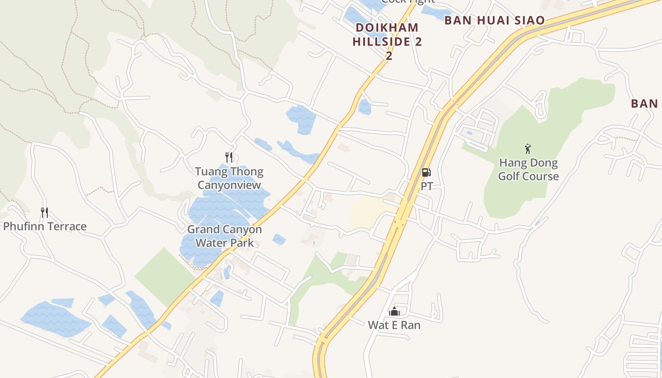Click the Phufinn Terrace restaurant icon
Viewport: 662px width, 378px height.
pos(44,213)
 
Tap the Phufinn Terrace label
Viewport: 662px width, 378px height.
pos(45,226)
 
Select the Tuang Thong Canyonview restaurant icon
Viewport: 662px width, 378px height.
pos(229,157)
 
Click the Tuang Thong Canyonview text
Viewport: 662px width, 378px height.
pos(229,178)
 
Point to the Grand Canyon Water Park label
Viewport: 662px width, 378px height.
pos(225,236)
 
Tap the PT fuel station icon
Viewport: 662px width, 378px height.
pos(427,172)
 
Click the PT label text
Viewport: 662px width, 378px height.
pos(427,186)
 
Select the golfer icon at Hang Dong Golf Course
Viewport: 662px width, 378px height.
pos(528,149)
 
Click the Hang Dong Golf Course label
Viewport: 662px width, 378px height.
pos(528,170)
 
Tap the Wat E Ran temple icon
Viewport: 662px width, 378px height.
pos(394,311)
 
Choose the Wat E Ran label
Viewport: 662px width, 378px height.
pos(394,325)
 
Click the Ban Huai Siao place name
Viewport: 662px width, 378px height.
pos(495,20)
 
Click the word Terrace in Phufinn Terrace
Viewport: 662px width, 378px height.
pos(67,226)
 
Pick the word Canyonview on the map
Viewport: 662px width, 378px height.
pos(229,185)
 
